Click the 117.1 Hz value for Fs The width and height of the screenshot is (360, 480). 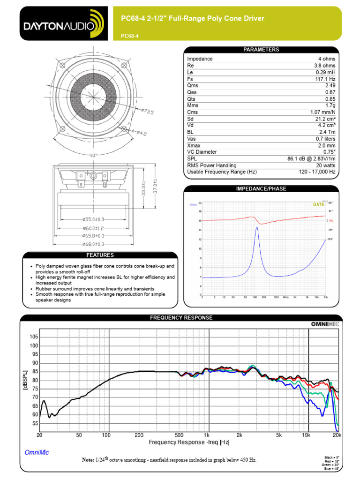(325, 79)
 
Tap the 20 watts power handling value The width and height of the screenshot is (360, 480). (324, 165)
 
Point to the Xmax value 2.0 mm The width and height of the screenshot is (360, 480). (326, 146)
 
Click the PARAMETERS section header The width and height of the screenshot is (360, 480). (261, 50)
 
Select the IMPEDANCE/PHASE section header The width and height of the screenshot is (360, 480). (261, 188)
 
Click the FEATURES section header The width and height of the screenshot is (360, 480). (99, 255)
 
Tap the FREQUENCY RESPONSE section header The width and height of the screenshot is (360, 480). (181, 317)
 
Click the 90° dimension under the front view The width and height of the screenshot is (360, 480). (93, 155)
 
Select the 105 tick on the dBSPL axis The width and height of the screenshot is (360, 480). (33, 337)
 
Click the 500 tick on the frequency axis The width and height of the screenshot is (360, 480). (179, 435)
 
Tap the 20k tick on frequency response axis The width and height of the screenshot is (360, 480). (337, 435)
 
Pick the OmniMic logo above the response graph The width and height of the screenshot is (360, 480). (324, 323)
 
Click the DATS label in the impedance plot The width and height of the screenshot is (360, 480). (319, 204)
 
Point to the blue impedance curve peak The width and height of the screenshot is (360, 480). (257, 227)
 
